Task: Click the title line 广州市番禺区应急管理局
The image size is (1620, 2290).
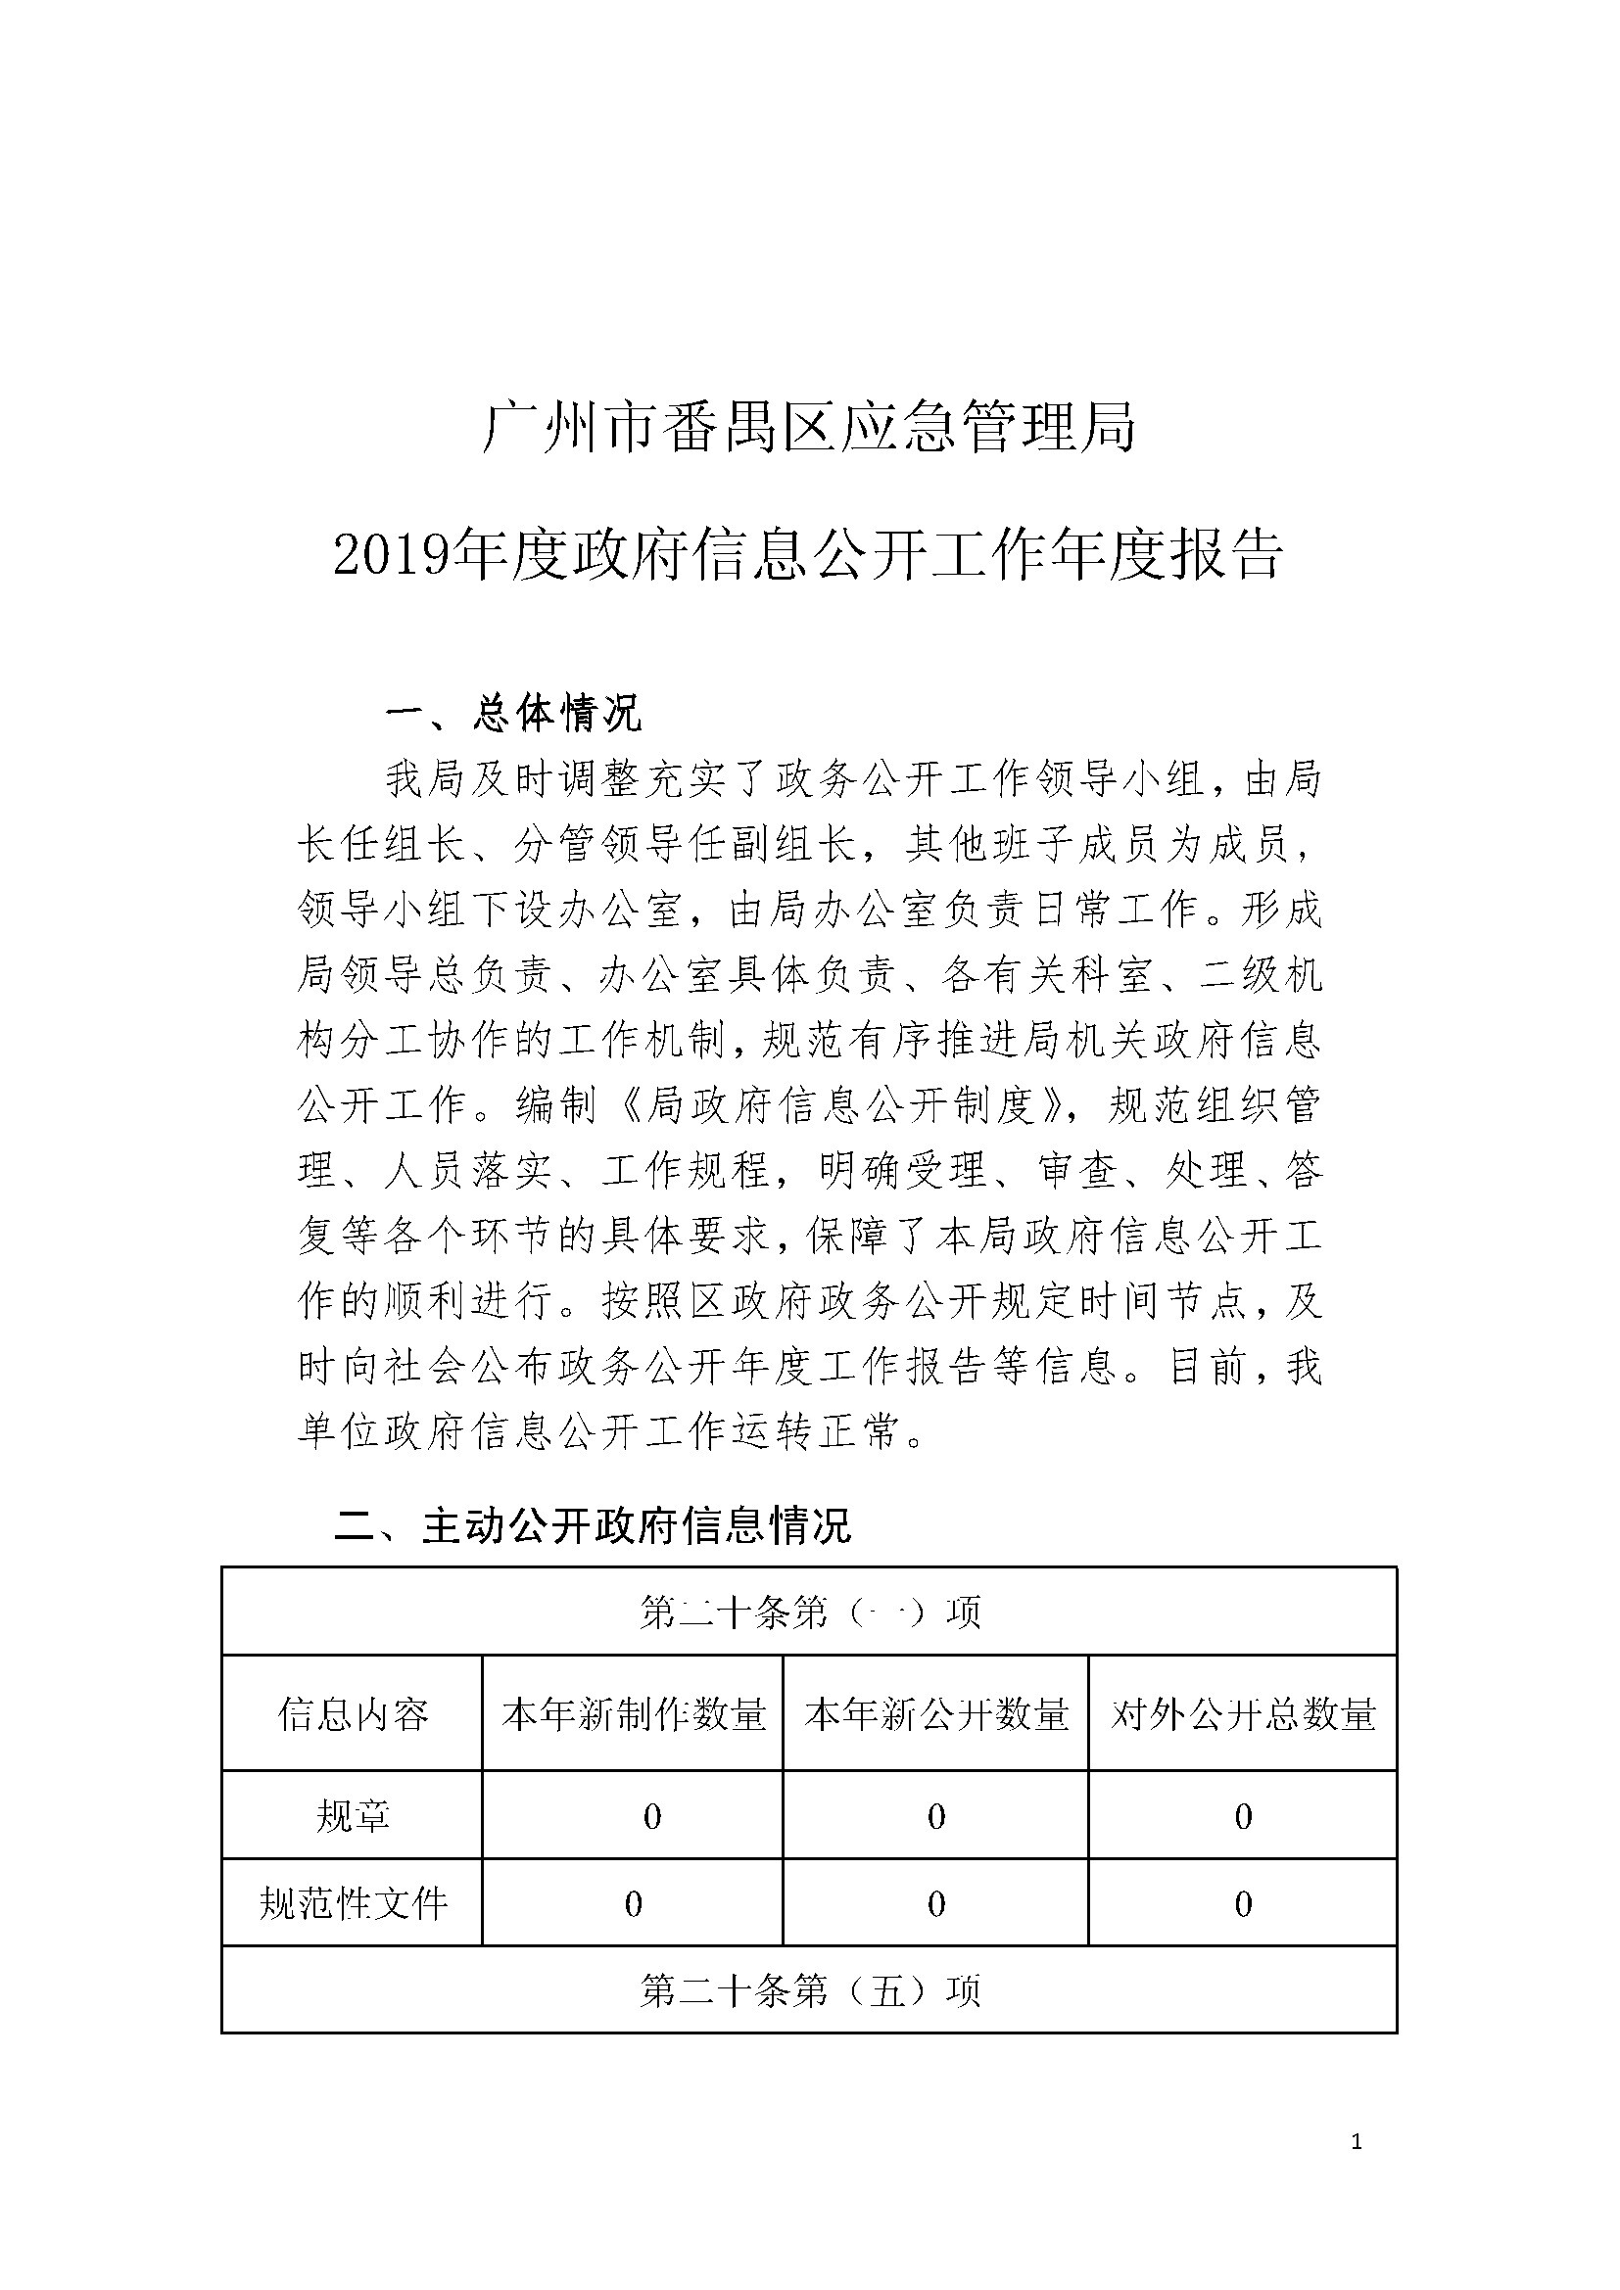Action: tap(809, 428)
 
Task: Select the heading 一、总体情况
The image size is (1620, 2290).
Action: tap(512, 714)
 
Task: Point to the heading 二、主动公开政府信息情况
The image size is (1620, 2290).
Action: tap(593, 1526)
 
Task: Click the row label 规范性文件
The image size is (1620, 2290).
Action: tap(353, 1904)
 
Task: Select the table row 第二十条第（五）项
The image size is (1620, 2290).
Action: tap(809, 1990)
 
